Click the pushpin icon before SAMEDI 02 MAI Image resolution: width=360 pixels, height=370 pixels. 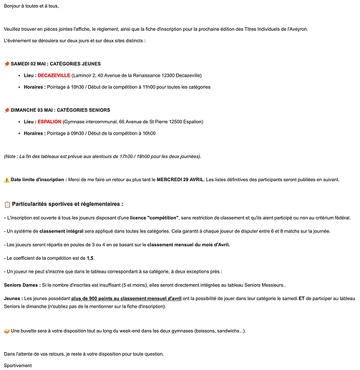pyautogui.click(x=6, y=63)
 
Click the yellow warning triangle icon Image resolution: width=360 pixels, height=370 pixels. pyautogui.click(x=6, y=180)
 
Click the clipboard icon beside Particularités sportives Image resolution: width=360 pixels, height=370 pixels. pyautogui.click(x=7, y=203)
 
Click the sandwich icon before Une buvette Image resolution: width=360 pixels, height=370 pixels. pyautogui.click(x=6, y=331)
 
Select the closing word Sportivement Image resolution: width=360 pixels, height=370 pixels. pyautogui.click(x=18, y=365)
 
